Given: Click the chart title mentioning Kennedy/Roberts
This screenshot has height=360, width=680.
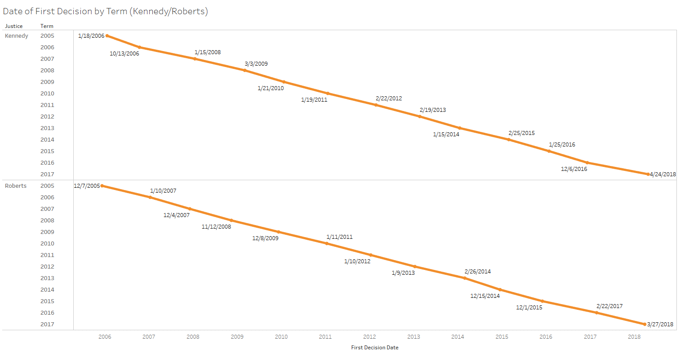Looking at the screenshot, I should tap(105, 11).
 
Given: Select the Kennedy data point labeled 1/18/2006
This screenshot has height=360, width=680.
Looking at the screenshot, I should tap(107, 36).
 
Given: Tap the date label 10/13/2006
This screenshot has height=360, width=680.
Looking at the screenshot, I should tap(124, 54).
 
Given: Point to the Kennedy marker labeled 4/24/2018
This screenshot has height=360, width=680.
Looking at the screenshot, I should tap(648, 174).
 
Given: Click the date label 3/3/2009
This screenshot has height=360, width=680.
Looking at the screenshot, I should tap(256, 64).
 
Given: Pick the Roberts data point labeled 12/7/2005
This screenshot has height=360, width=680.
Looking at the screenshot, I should tap(102, 186).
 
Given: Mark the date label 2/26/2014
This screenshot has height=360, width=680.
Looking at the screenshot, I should tap(477, 272).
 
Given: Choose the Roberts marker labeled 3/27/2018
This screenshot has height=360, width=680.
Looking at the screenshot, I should tap(645, 324).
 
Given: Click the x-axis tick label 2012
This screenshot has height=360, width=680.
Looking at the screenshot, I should tap(370, 337).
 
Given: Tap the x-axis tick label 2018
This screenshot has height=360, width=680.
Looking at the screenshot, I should tap(634, 337).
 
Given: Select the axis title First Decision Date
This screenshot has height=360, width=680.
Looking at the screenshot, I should tap(375, 348).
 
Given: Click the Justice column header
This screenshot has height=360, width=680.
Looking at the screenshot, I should tap(14, 26).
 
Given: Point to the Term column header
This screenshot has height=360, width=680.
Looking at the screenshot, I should tap(47, 26).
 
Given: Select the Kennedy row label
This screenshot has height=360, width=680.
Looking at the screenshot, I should tap(16, 36).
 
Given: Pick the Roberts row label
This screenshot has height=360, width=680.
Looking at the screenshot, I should tap(16, 186).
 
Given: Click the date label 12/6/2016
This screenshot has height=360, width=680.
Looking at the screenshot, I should tap(574, 169).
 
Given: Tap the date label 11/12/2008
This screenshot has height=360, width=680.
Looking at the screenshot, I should tap(216, 227).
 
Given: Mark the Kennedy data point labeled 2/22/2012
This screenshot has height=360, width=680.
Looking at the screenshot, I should tap(376, 105).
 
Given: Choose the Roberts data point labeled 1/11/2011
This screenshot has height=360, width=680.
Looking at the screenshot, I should tap(327, 243).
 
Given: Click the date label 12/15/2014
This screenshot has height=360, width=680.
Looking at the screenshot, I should tap(485, 296).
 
